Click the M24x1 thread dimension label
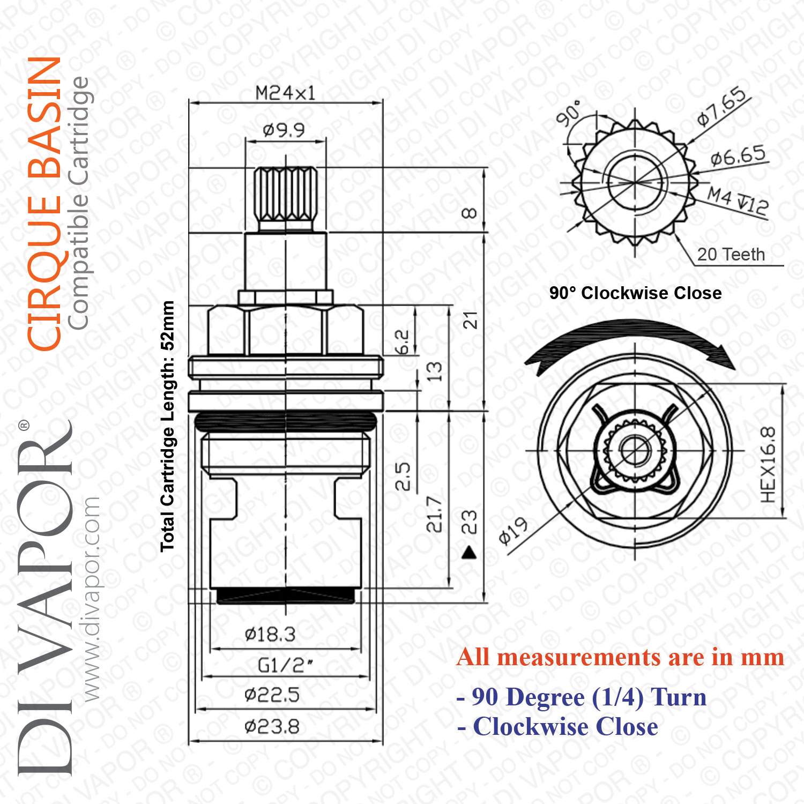[285, 93]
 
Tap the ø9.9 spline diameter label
[284, 130]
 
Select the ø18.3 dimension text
[270, 635]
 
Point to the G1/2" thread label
[285, 666]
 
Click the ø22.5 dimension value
[272, 695]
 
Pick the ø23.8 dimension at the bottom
[272, 727]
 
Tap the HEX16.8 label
[768, 465]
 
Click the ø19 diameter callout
[513, 531]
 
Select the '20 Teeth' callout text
[731, 254]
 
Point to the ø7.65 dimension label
[722, 106]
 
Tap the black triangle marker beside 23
[470, 552]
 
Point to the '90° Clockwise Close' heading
[635, 293]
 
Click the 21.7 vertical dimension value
[434, 514]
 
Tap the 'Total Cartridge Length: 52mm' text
[167, 426]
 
